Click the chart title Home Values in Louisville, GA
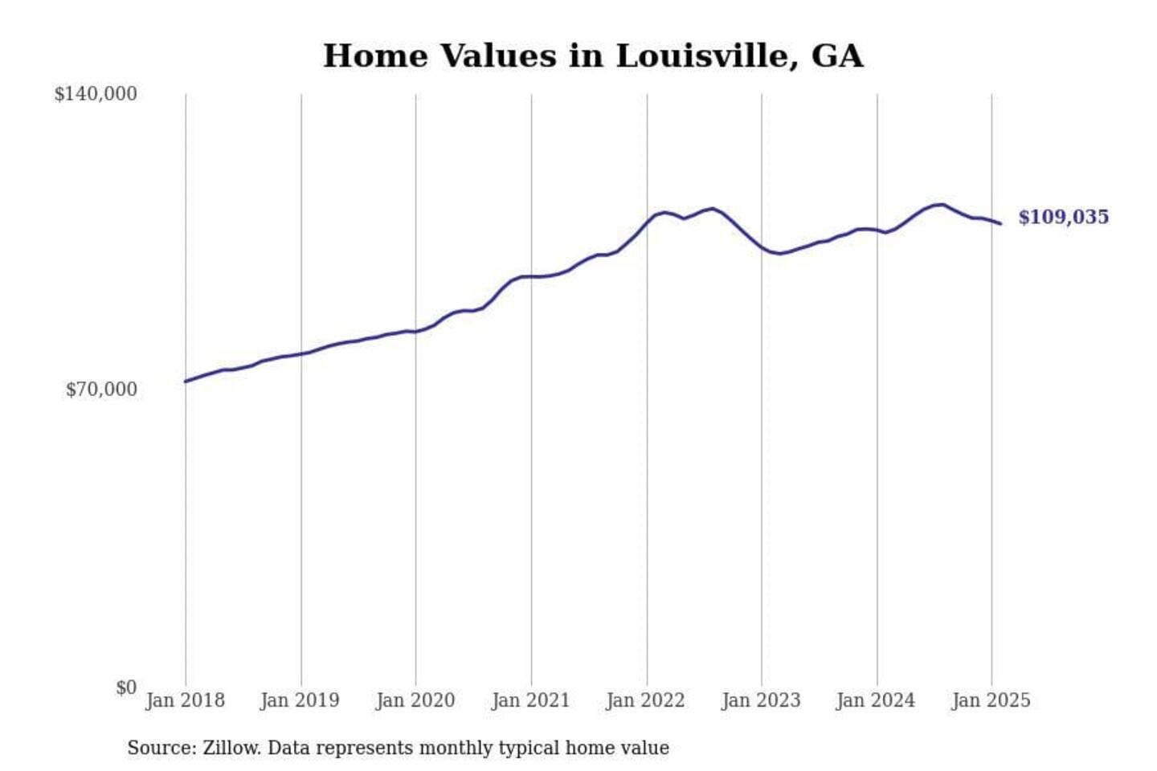point(593,56)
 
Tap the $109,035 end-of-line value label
point(1063,217)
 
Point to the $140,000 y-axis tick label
point(96,94)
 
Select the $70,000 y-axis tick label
point(101,390)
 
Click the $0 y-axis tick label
point(126,687)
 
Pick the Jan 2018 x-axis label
point(185,700)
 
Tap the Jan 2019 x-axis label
point(300,700)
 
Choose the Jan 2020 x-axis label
point(415,700)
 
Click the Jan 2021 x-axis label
point(530,700)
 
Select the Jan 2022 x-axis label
point(645,700)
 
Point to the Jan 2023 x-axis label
point(761,700)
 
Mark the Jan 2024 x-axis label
point(875,700)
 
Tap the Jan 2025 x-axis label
point(991,700)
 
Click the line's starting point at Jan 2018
point(186,381)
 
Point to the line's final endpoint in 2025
point(1000,223)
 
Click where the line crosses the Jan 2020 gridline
point(416,331)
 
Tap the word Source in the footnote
point(161,748)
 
